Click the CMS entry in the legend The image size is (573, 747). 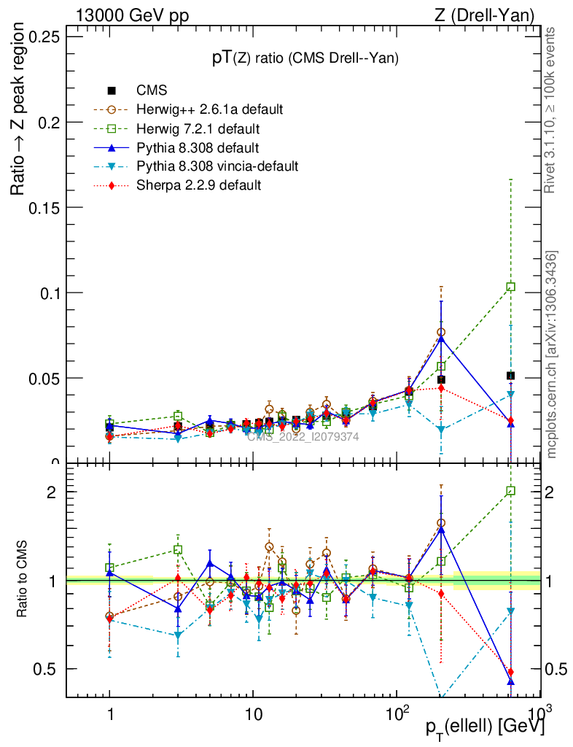(x=152, y=91)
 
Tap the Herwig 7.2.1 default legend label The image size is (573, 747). (x=199, y=129)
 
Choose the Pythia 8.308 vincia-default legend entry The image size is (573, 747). (x=217, y=166)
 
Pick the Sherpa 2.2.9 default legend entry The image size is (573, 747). (x=198, y=185)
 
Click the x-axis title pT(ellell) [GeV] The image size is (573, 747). (x=484, y=727)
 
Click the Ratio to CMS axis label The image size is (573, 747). (x=23, y=581)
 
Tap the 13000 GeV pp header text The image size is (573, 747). (x=132, y=15)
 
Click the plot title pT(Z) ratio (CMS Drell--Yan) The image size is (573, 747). (x=305, y=60)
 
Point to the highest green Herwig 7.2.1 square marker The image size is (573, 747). (x=511, y=287)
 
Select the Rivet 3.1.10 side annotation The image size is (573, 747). (x=552, y=110)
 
